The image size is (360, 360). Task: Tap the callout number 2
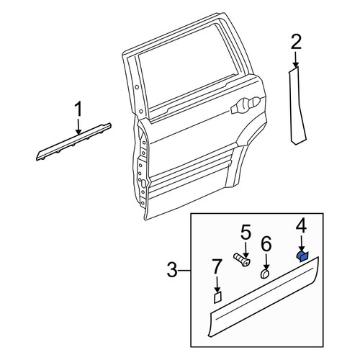[295, 42]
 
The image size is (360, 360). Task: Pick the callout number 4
[301, 227]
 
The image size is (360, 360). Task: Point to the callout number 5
[246, 233]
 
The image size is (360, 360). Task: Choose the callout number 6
[266, 245]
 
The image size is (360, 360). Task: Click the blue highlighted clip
[303, 257]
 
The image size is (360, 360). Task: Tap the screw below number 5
[242, 260]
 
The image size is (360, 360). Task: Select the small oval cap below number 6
[265, 274]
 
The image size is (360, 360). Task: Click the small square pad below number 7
[217, 297]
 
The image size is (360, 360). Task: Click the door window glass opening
[185, 71]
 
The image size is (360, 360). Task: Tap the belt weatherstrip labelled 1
[73, 142]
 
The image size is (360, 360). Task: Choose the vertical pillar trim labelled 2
[297, 106]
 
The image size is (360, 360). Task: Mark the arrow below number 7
[217, 284]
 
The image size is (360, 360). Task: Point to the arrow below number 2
[295, 59]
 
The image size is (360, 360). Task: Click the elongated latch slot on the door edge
[143, 184]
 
